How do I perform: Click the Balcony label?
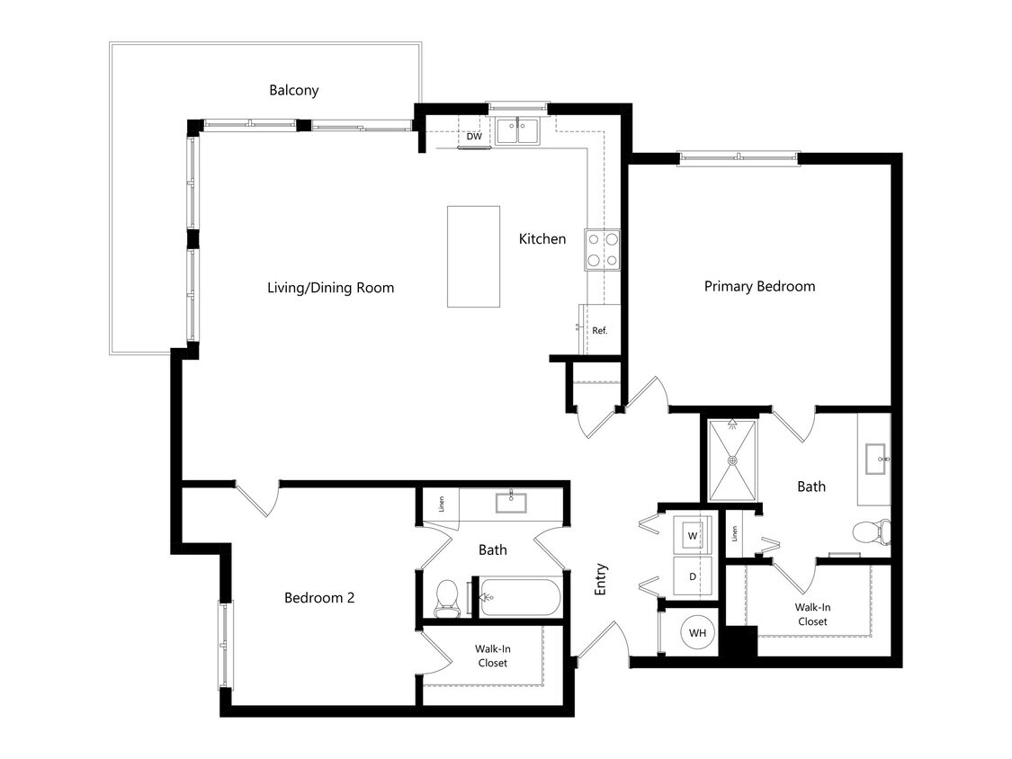[x=293, y=91]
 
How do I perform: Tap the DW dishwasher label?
[x=474, y=138]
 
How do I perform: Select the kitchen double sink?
[x=517, y=131]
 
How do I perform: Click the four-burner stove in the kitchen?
[x=603, y=250]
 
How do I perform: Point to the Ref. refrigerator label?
[x=599, y=331]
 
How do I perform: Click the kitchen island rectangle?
[x=473, y=256]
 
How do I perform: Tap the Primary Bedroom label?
[x=759, y=287]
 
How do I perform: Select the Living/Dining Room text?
[x=330, y=289]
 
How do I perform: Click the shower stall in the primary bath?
[x=732, y=460]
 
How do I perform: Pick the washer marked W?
[x=693, y=536]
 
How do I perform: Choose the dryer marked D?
[x=693, y=576]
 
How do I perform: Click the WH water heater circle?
[x=697, y=633]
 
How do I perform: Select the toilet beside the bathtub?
[x=447, y=598]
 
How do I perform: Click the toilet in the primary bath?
[x=871, y=532]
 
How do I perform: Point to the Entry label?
[x=601, y=579]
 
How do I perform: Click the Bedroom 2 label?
[x=318, y=598]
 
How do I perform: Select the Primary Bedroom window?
[x=738, y=158]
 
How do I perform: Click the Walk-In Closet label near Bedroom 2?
[x=491, y=656]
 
